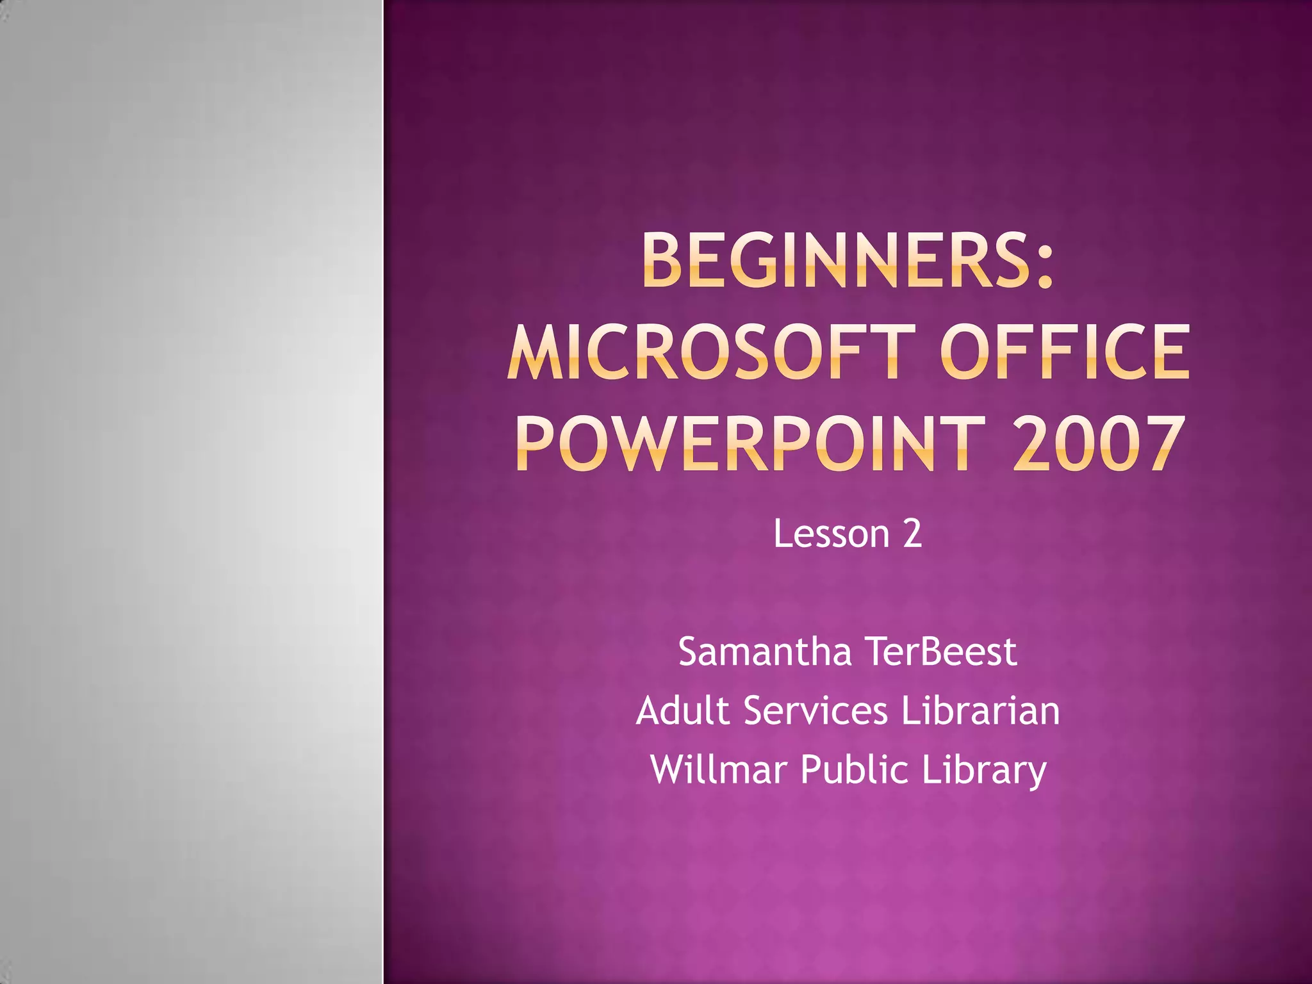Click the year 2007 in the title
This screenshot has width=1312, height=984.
(x=1097, y=443)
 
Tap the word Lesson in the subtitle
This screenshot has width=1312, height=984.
(x=832, y=534)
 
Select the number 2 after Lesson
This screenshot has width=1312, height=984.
(x=912, y=534)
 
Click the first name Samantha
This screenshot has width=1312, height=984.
(x=765, y=652)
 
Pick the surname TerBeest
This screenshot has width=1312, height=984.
(x=941, y=652)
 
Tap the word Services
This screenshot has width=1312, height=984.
(x=816, y=710)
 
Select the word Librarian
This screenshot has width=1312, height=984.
(x=980, y=710)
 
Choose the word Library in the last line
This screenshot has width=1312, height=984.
(x=984, y=769)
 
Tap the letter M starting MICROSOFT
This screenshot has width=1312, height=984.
(x=532, y=352)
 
